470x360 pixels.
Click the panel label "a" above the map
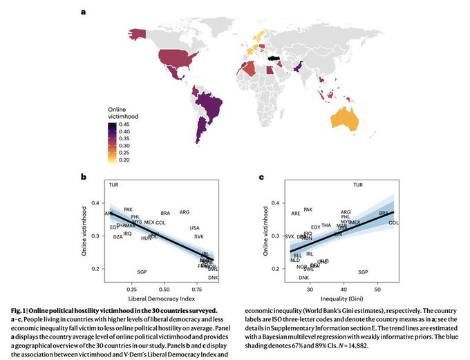84,12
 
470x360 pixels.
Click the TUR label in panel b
114,184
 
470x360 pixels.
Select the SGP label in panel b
142,272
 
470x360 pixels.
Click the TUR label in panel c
357,184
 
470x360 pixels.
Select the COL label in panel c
394,223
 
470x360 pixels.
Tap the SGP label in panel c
364,272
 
